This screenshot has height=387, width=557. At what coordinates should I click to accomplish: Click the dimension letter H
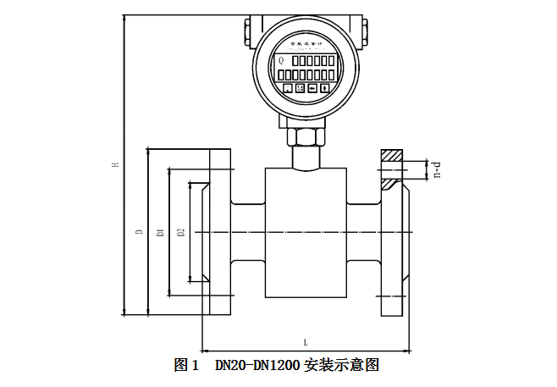point(116,165)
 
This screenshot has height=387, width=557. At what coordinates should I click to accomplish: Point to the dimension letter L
point(305,342)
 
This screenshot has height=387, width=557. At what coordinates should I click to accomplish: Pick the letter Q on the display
point(281,60)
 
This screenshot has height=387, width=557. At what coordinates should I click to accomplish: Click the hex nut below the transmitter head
point(306,136)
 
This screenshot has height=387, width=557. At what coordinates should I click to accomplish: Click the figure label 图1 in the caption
point(185,366)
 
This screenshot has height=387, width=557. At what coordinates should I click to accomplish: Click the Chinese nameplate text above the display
point(305,41)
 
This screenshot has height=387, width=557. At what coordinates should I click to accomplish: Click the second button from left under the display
point(300,88)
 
